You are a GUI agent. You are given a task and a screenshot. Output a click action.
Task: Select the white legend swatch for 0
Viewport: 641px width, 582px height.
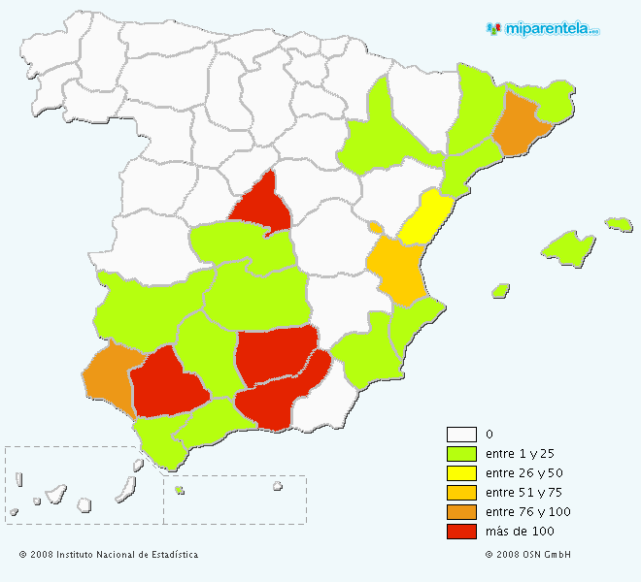click(461, 435)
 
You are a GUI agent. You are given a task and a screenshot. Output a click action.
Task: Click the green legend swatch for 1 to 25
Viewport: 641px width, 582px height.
click(461, 454)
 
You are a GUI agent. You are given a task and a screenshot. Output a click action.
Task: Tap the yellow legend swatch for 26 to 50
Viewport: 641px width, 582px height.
click(461, 473)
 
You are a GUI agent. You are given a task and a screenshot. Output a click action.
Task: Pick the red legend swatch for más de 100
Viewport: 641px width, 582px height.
click(461, 532)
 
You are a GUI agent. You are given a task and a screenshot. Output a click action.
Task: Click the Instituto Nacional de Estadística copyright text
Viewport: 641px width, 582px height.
click(108, 555)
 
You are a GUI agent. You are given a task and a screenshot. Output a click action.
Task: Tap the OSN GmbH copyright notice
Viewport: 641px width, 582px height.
click(527, 555)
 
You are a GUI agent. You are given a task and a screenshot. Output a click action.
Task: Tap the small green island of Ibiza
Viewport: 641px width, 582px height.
click(501, 290)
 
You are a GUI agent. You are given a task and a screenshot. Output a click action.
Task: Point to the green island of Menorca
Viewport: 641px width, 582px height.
click(619, 224)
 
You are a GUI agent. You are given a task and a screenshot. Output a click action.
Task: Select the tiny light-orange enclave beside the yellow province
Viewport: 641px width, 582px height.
click(375, 227)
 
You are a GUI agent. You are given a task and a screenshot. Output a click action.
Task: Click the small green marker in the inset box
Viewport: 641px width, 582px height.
click(180, 491)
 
